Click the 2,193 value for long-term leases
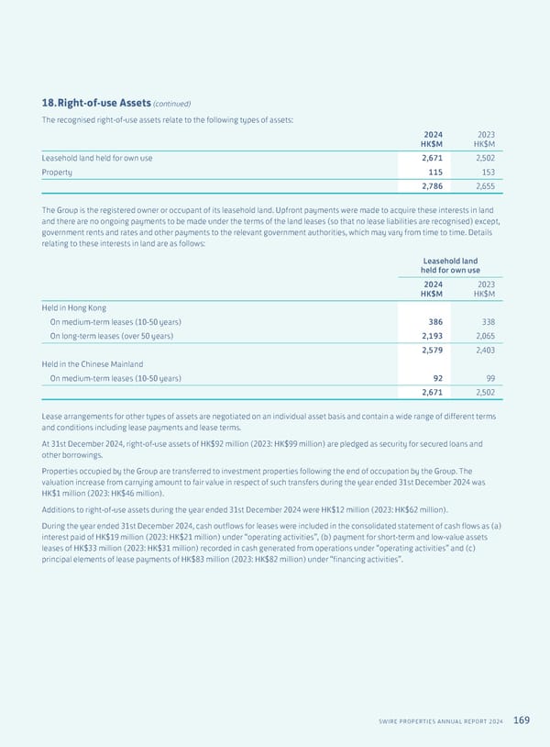click(427, 336)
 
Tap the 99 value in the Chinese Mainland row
click(488, 378)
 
